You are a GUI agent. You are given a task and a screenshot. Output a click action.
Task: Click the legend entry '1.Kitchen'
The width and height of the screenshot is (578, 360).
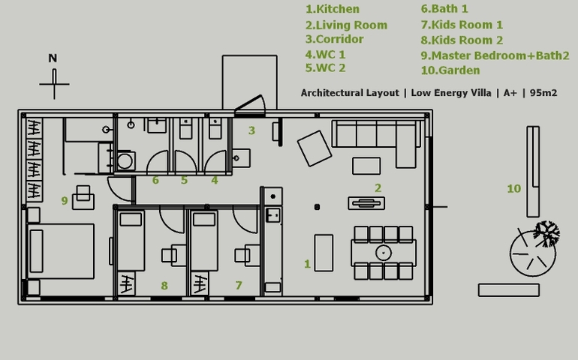click(x=333, y=9)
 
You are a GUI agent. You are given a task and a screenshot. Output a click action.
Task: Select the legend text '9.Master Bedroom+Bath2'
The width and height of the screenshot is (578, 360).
click(x=495, y=55)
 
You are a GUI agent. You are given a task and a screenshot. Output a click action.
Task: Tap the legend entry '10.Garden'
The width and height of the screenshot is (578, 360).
click(x=450, y=70)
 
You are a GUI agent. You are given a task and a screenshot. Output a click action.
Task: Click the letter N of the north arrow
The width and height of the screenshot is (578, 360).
click(x=53, y=58)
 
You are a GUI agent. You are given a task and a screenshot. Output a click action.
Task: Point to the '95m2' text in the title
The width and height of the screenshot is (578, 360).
click(x=543, y=93)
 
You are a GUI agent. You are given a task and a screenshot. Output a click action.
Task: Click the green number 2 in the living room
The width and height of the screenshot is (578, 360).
click(x=378, y=188)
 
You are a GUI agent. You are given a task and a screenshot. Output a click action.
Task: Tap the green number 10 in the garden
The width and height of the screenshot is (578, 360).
click(x=514, y=189)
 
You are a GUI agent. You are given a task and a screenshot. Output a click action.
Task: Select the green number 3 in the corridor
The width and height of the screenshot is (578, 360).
click(x=251, y=130)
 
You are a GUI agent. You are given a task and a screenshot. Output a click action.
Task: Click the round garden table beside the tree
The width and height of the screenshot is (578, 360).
click(x=533, y=253)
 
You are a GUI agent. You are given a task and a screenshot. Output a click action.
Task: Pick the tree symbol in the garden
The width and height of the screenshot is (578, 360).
click(x=547, y=233)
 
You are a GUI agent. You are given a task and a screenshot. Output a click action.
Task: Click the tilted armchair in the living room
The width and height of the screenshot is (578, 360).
click(x=315, y=148)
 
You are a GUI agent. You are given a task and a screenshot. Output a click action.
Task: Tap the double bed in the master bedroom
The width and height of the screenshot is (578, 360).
click(x=61, y=251)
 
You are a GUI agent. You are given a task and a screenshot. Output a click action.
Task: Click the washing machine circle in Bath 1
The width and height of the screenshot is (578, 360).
click(x=125, y=161)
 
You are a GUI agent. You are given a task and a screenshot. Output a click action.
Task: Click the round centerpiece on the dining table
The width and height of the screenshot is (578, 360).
click(x=384, y=253)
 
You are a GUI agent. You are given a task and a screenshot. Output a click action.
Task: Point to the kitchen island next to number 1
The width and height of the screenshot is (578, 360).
click(x=324, y=253)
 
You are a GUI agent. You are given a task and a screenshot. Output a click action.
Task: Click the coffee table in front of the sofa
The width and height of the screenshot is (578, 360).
click(x=366, y=166)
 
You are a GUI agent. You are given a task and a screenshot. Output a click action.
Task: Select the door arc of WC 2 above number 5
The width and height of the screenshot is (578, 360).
click(x=185, y=161)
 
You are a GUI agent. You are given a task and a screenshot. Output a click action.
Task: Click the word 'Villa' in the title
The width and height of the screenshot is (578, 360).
click(x=480, y=93)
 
